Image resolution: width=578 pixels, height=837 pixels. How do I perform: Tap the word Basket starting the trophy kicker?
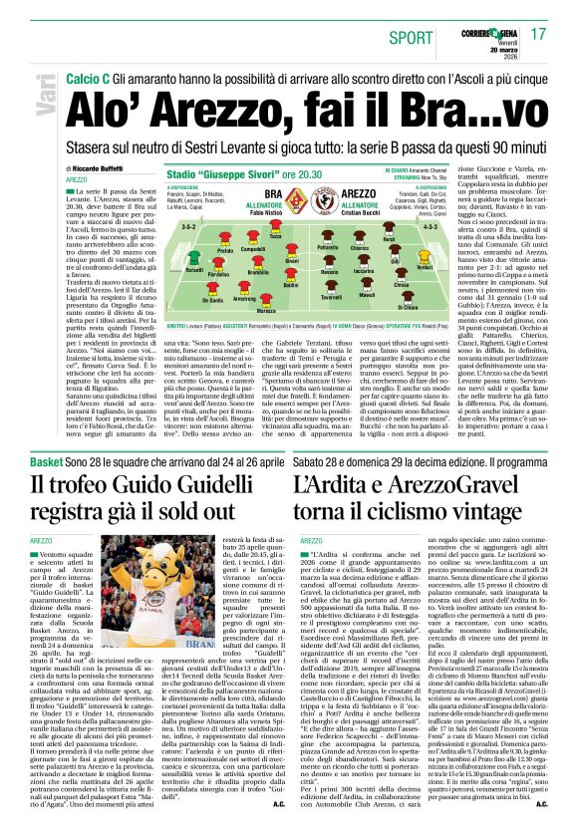click(46, 435)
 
